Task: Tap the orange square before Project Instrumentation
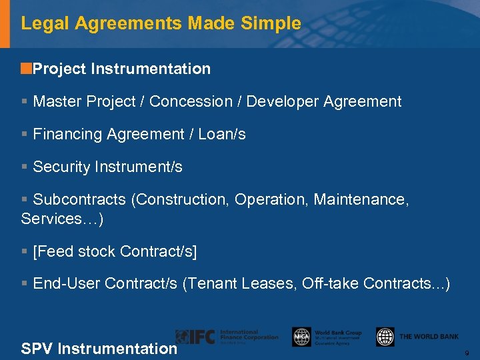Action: pos(26,68)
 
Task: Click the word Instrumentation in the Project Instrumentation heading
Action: pos(151,69)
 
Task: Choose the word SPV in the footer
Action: pos(37,349)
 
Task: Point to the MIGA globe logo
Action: pos(301,337)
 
